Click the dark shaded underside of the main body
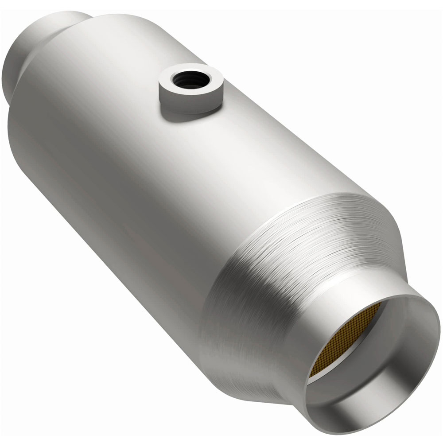pyautogui.click(x=111, y=248)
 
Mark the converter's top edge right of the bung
pyautogui.click(x=288, y=124)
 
